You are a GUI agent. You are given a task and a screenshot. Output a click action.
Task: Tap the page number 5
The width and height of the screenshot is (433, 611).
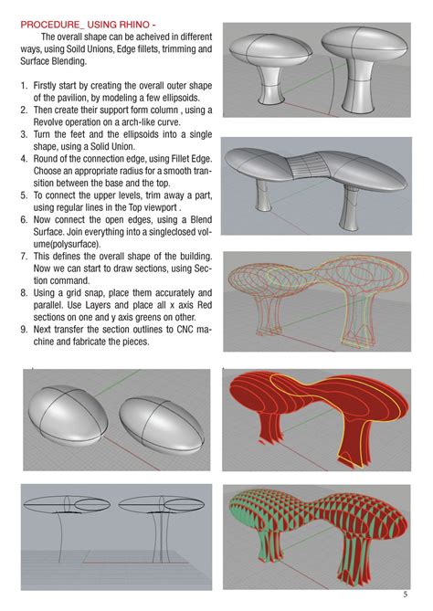click(x=406, y=595)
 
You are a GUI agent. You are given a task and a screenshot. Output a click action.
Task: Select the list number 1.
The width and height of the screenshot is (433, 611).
click(x=24, y=85)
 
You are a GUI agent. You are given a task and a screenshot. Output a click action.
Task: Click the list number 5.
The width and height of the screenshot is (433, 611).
click(x=24, y=195)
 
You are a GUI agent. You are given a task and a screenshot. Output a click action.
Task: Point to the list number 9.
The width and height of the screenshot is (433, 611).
click(x=24, y=330)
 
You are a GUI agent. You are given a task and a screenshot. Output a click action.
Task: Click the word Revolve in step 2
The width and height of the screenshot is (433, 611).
click(x=48, y=122)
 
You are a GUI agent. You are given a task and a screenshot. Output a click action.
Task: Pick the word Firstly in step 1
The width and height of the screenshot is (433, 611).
click(x=45, y=85)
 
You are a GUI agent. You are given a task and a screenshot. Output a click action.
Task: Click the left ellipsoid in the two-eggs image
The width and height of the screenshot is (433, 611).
click(x=68, y=416)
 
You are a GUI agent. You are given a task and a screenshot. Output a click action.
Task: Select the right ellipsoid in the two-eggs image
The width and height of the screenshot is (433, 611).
click(x=162, y=425)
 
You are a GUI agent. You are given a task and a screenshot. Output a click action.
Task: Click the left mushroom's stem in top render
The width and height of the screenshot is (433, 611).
click(x=271, y=86)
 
